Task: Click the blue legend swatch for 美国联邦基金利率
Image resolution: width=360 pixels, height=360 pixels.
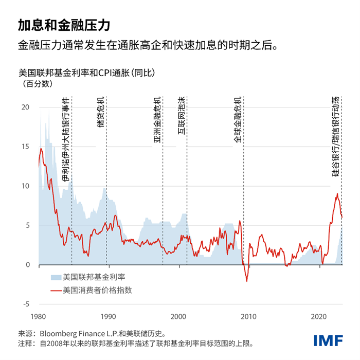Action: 55,277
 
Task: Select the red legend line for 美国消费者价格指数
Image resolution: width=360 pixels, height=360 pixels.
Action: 55,290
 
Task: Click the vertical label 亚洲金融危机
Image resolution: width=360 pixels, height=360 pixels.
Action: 157,119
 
